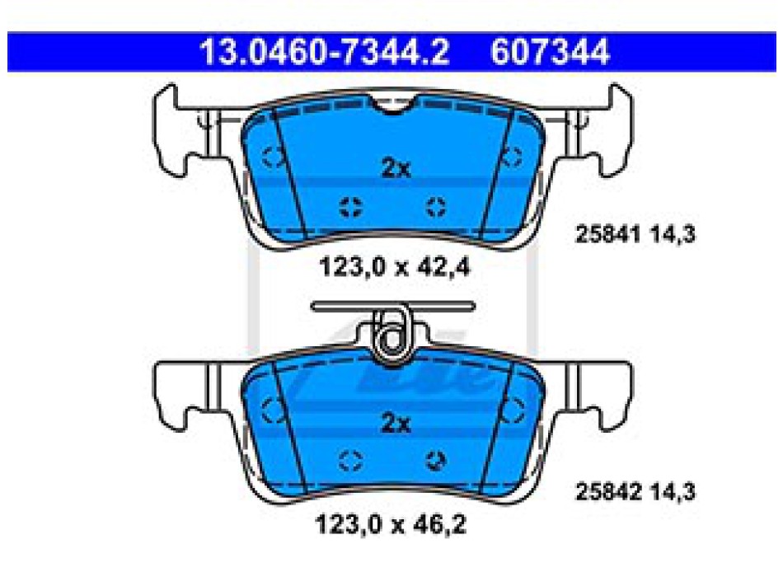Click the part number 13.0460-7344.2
tap(325, 51)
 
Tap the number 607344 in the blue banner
tap(550, 51)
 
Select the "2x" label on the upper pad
tap(396, 168)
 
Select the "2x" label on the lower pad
tap(396, 423)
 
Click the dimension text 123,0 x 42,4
tap(395, 267)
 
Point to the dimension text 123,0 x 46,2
tap(391, 524)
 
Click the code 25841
tap(607, 234)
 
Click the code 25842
tap(607, 491)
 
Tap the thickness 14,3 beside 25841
tap(672, 234)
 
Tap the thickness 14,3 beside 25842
tap(672, 491)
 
